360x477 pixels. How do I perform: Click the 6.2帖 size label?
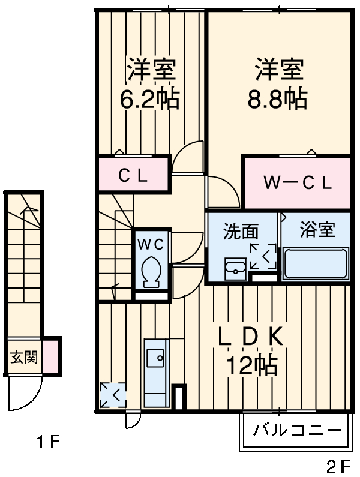150,100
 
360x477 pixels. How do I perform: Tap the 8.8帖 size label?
278,100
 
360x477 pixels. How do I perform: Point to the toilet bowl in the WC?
151,271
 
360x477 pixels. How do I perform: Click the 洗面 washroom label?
241,231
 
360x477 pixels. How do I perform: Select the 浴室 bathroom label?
317,229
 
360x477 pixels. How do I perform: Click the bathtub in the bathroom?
316,265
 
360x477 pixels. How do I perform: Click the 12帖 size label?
251,365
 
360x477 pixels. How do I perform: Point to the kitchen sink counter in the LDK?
157,367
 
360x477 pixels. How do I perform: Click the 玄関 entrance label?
23,358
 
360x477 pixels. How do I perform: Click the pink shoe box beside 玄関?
50,356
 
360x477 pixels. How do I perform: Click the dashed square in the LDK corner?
113,395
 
